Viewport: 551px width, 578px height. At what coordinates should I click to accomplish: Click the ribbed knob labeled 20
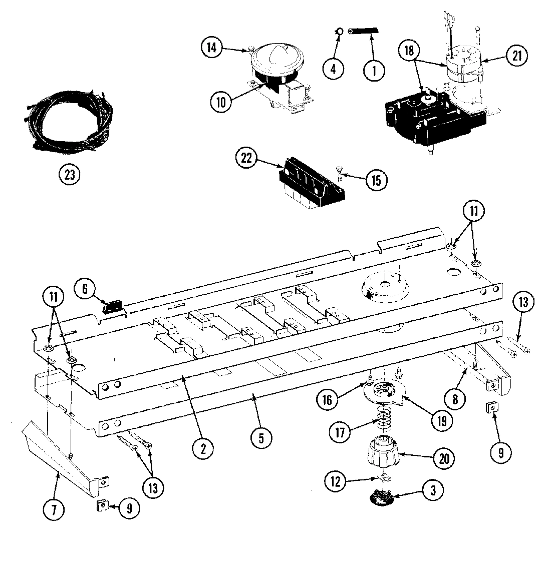(384, 454)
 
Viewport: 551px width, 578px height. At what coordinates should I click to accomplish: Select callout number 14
(212, 48)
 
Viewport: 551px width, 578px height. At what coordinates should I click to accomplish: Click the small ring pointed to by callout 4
(340, 32)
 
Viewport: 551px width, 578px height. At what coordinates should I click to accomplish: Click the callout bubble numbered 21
(516, 56)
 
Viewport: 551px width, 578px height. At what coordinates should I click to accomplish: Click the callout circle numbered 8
(455, 399)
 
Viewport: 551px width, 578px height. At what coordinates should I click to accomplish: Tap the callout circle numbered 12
(335, 481)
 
